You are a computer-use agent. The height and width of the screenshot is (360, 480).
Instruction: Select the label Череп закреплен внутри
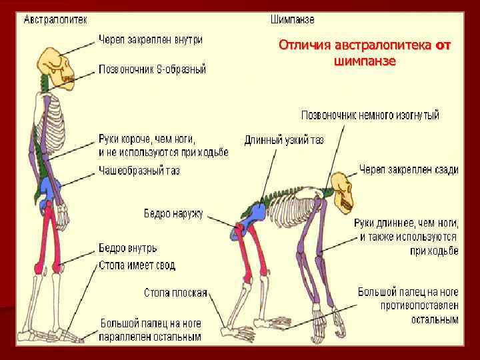pyautogui.click(x=151, y=40)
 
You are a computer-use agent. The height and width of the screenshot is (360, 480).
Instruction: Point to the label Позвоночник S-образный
pyautogui.click(x=153, y=69)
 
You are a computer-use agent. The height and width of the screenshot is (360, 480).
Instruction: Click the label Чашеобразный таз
pyautogui.click(x=139, y=171)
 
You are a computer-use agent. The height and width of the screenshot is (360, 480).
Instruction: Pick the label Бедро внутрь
pyautogui.click(x=127, y=248)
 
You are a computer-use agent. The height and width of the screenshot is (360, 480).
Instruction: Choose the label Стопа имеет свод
pyautogui.click(x=137, y=265)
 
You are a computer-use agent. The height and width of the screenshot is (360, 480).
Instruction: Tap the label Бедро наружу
pyautogui.click(x=174, y=214)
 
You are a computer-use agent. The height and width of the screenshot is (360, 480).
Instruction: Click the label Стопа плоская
pyautogui.click(x=175, y=293)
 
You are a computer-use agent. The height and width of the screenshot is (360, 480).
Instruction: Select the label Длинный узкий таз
pyautogui.click(x=284, y=140)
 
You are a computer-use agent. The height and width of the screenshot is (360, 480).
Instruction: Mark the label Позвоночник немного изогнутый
pyautogui.click(x=370, y=115)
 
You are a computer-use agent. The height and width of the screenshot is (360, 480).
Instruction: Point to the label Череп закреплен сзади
pyautogui.click(x=409, y=170)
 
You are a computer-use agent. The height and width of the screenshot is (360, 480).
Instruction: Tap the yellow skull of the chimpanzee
pyautogui.click(x=345, y=191)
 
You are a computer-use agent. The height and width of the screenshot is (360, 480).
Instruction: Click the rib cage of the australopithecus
pyautogui.click(x=48, y=117)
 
